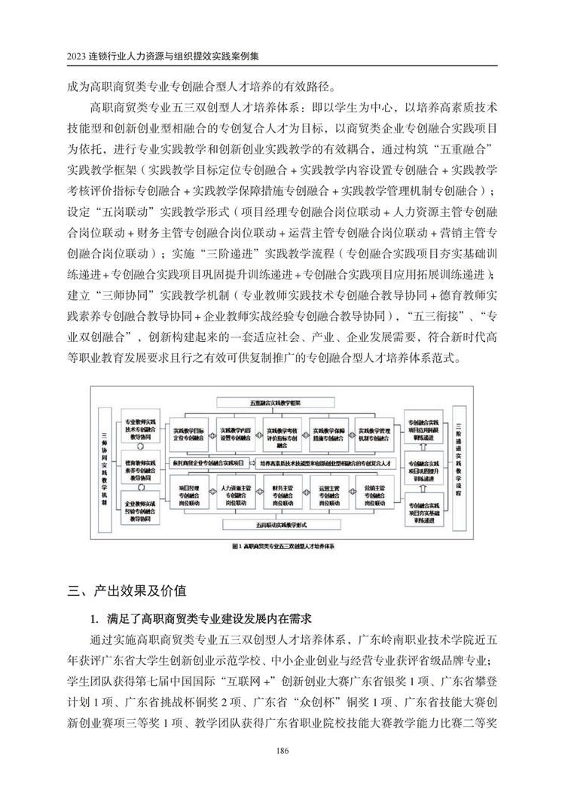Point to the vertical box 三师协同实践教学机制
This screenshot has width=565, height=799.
click(106, 462)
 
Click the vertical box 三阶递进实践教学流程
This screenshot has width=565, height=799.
click(459, 462)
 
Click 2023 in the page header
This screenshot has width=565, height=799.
click(77, 57)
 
